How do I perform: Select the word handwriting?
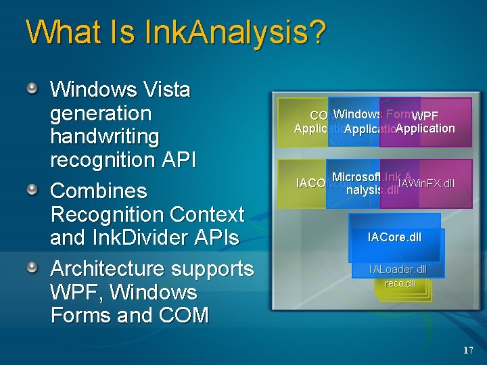105,137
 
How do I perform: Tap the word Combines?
99,191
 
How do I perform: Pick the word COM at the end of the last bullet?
185,316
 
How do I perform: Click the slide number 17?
468,350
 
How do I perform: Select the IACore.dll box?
394,237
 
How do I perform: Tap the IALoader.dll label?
398,270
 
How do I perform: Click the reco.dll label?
400,283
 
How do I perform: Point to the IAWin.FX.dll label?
426,183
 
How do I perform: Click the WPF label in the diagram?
425,116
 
